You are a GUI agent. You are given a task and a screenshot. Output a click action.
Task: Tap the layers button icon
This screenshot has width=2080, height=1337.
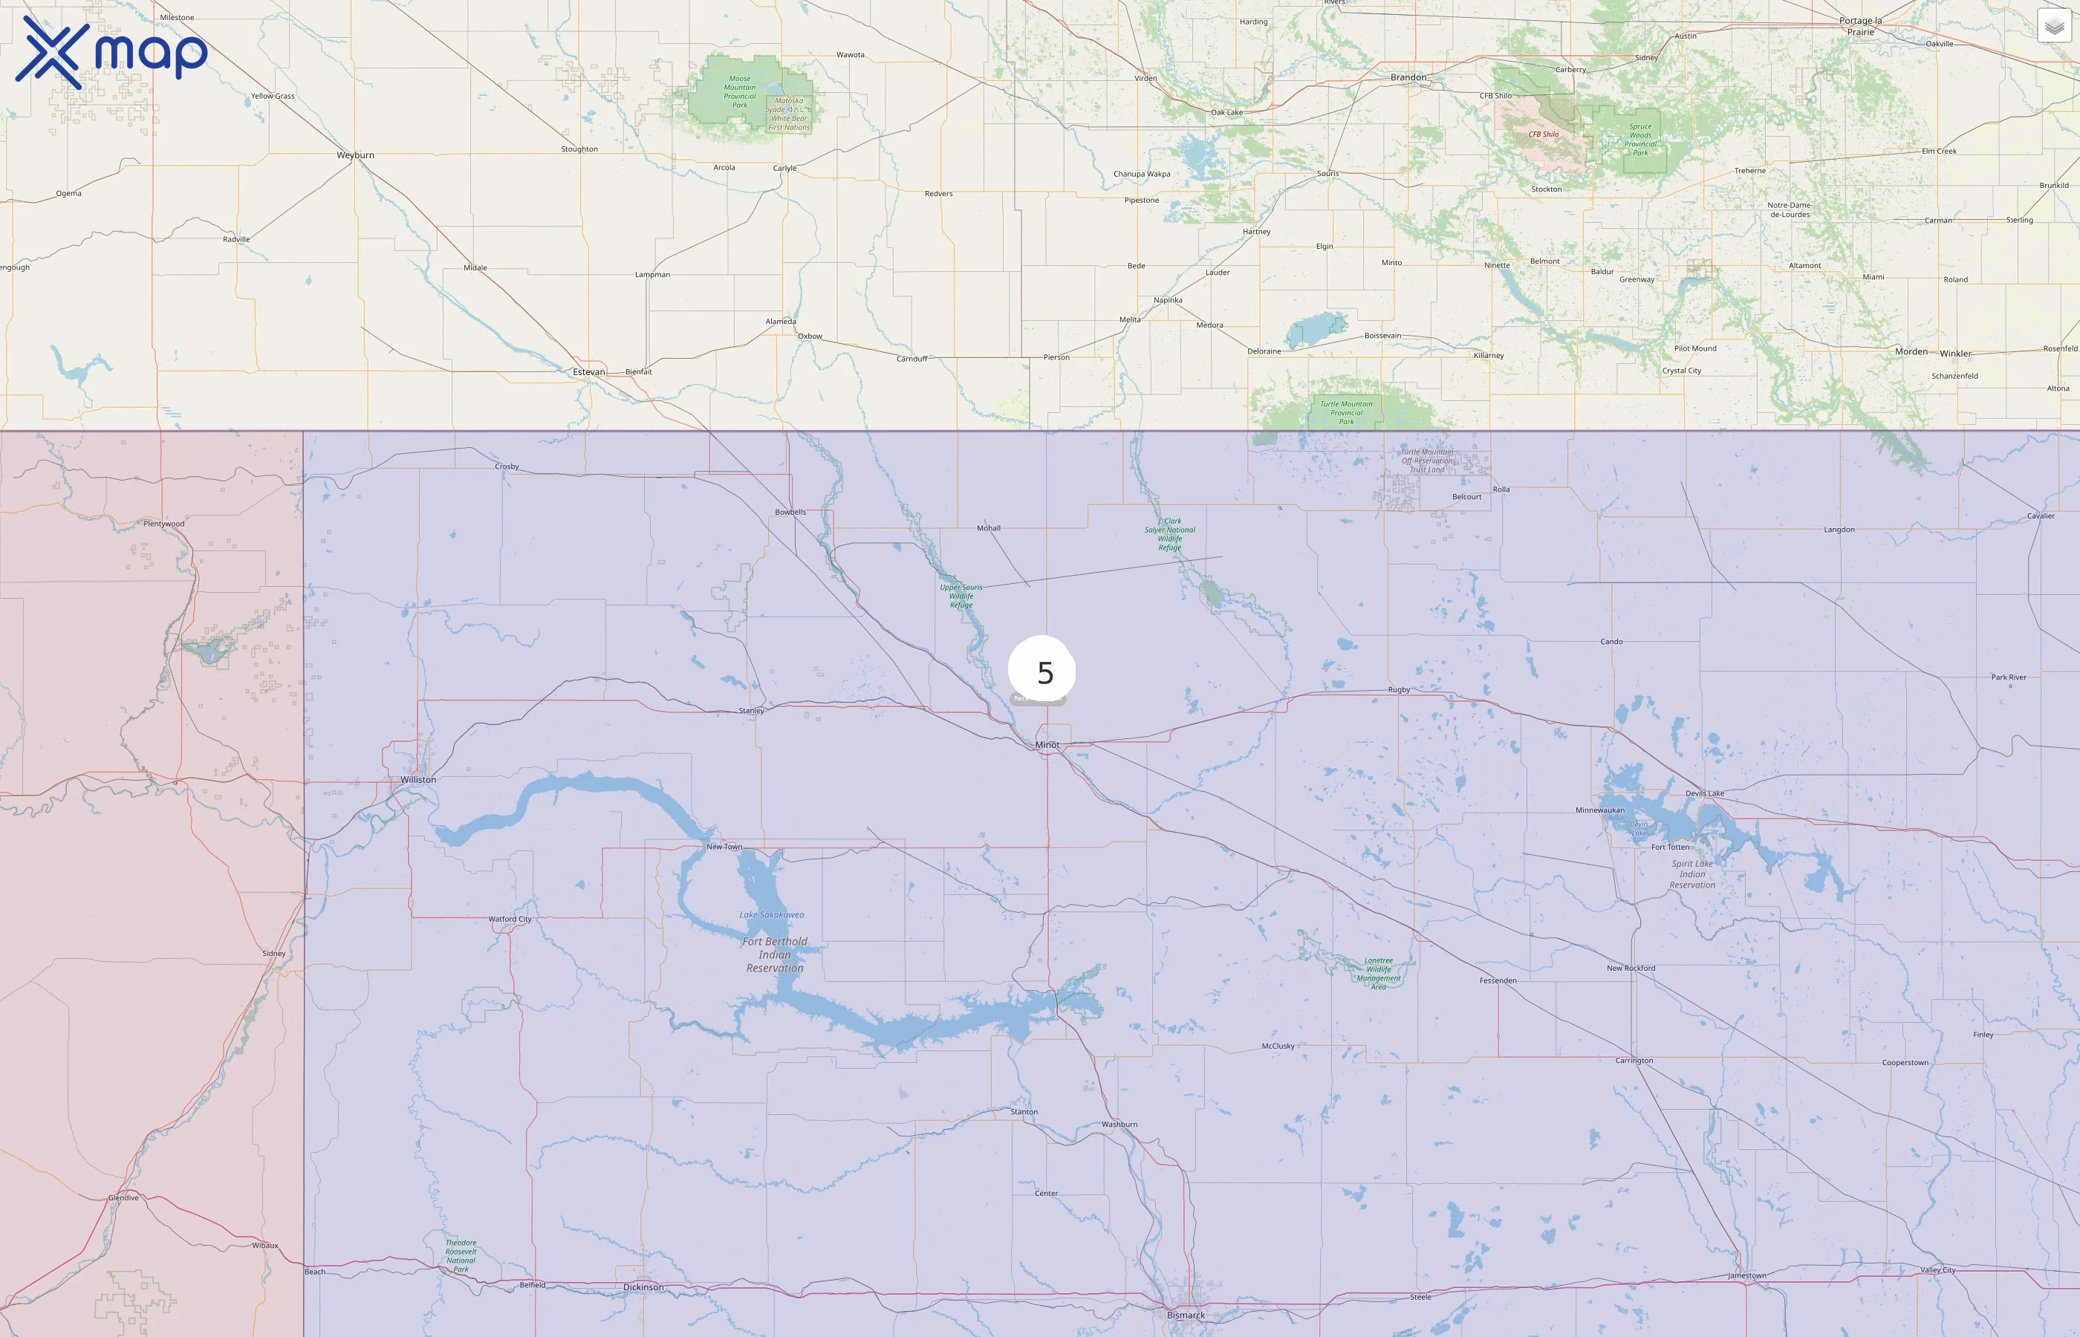(x=2054, y=26)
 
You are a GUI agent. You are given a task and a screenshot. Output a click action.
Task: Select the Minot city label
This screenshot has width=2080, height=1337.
(x=1047, y=745)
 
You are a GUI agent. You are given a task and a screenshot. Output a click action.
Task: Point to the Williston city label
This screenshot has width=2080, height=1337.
(x=418, y=780)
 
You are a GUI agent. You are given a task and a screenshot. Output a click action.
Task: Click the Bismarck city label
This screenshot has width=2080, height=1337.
(x=1186, y=1315)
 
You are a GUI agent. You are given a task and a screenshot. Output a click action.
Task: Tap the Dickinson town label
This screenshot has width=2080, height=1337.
(x=643, y=1287)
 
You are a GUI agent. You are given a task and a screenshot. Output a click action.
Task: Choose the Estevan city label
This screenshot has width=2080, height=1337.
(x=588, y=372)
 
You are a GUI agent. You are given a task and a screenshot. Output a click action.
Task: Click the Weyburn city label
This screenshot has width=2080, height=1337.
(x=355, y=155)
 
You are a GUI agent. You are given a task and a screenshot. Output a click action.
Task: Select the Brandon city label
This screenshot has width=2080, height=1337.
(x=1408, y=77)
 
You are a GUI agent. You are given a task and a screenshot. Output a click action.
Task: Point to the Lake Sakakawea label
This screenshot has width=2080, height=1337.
(x=772, y=915)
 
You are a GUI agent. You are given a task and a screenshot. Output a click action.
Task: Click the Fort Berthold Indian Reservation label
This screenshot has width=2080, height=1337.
(x=774, y=954)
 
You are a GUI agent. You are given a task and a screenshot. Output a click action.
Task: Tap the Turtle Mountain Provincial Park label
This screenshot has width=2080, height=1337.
(x=1347, y=412)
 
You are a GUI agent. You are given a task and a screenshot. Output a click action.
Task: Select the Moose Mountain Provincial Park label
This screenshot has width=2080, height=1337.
(x=740, y=91)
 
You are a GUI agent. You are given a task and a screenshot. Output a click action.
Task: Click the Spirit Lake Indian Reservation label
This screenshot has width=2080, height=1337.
(x=1692, y=874)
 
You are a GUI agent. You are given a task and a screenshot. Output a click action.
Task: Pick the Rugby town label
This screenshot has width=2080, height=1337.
(x=1399, y=690)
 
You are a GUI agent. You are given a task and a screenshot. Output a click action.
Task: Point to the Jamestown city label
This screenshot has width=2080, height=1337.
(x=1746, y=1275)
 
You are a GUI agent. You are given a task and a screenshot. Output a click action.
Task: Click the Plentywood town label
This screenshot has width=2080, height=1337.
(x=164, y=524)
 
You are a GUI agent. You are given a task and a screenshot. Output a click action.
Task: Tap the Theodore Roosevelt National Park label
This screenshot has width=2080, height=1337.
(x=461, y=1255)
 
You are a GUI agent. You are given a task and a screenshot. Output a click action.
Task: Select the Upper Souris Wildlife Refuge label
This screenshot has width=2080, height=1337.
(x=961, y=596)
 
